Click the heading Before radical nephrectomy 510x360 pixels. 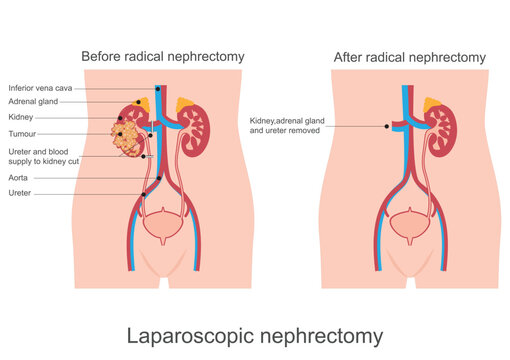(162, 57)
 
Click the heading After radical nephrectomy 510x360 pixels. (410, 57)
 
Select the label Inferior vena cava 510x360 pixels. (39, 88)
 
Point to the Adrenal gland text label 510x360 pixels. (33, 102)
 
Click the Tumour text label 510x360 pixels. (23, 131)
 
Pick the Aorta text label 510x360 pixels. (19, 177)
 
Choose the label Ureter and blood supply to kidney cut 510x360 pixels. (39, 155)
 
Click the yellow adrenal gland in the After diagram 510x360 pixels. (433, 104)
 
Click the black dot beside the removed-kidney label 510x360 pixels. (386, 126)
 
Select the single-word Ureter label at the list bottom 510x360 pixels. (20, 193)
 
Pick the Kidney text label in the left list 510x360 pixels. (21, 116)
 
